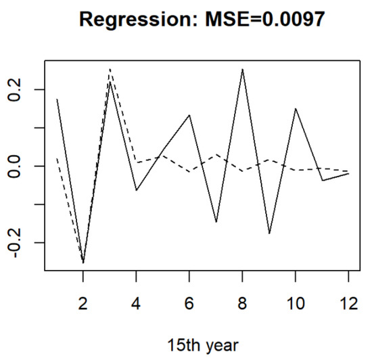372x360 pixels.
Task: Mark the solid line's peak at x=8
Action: (242, 69)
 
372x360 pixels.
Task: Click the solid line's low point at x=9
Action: (269, 233)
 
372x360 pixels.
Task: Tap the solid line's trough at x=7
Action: (216, 222)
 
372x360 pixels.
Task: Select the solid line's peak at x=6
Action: (189, 115)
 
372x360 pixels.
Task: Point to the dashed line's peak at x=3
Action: (110, 69)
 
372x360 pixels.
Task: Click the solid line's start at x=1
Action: (57, 99)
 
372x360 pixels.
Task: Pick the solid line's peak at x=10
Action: (295, 108)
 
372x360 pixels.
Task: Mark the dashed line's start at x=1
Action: (57, 158)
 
